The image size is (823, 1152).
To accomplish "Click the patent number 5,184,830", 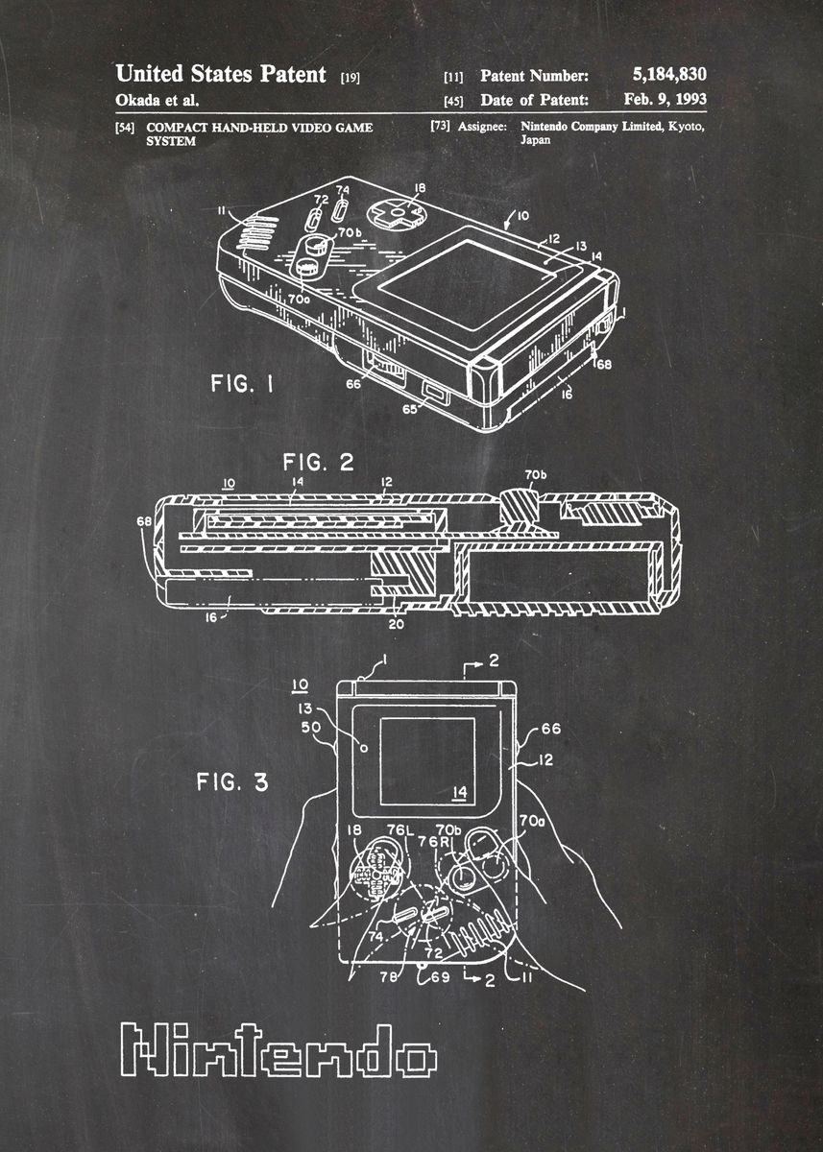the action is [669, 74].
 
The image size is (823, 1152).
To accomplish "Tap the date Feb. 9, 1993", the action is [666, 99].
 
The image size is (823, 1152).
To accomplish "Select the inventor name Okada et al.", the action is [157, 100].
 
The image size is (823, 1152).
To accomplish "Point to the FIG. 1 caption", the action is [242, 384].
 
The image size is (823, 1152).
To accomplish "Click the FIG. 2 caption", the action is [319, 463].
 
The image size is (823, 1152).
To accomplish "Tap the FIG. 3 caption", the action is [232, 781].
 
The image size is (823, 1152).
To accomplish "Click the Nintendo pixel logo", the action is [278, 1050].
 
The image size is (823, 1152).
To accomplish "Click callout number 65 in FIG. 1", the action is [409, 409].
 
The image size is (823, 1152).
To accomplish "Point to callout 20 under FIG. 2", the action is [396, 625].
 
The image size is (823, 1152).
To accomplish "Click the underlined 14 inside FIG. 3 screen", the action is [459, 793].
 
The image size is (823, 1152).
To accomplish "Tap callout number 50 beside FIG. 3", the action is [311, 728].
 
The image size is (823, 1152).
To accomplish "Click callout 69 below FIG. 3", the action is [440, 976].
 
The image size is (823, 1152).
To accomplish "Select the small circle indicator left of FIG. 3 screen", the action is [364, 748].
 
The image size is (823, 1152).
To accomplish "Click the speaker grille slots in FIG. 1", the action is [257, 233].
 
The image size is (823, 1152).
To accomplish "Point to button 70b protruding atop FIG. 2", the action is [519, 507].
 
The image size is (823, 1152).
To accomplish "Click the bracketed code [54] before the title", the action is [125, 127].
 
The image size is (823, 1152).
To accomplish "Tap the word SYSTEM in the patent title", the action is [171, 141].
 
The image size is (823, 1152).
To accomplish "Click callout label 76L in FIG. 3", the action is [400, 829].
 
